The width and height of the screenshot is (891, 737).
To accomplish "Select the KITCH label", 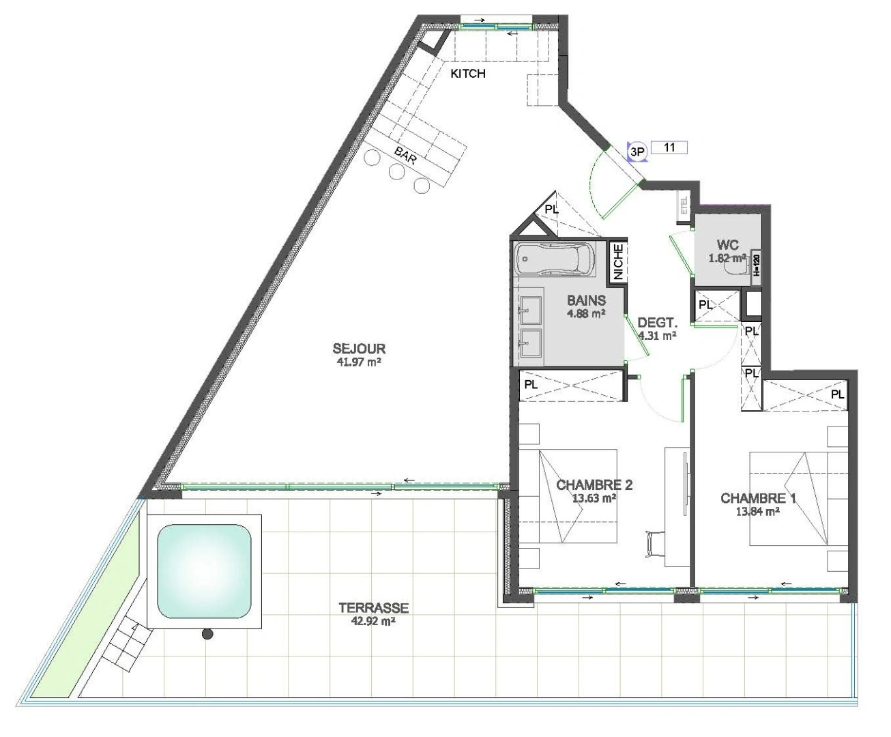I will click(468, 74).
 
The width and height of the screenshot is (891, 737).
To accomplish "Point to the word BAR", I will click(405, 156).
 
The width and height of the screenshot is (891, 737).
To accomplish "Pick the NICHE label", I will click(618, 262).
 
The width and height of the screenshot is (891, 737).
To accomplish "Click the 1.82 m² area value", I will click(727, 258).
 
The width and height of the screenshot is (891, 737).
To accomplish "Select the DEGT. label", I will click(657, 323).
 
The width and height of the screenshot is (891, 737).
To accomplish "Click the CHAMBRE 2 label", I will click(594, 485).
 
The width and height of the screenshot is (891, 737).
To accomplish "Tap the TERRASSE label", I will click(373, 608).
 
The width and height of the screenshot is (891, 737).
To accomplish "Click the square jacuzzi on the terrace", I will click(204, 570).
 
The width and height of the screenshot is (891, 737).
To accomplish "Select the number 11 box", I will click(669, 147).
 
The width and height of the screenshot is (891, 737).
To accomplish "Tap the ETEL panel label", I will click(684, 205).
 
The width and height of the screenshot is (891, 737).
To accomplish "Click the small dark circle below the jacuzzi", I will click(207, 634).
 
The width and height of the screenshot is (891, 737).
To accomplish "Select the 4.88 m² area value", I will click(586, 314).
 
